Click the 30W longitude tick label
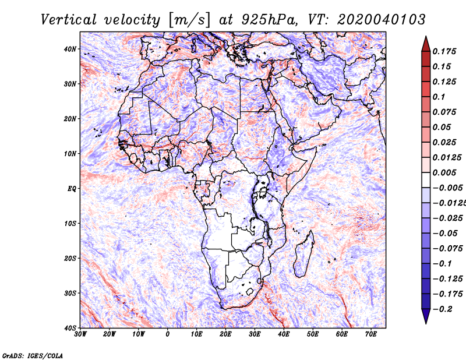point(80,334)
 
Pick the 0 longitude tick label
point(168,334)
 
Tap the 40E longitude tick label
point(284,334)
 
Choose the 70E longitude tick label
point(371,334)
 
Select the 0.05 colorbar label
point(442,127)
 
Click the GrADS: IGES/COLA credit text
point(33,355)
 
